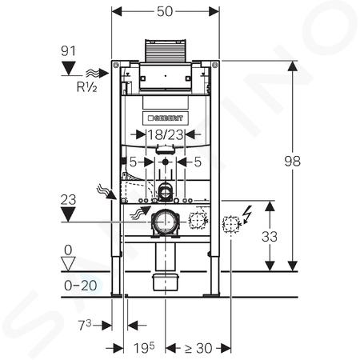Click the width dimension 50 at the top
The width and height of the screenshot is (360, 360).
(x=165, y=11)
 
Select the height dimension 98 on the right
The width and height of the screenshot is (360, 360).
(x=292, y=161)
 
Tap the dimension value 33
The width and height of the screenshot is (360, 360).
(x=270, y=237)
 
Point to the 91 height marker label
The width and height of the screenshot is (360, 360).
(x=68, y=51)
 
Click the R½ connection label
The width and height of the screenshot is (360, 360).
(x=86, y=87)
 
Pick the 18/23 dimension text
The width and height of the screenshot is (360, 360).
(x=166, y=134)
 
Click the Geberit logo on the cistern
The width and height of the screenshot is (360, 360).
(x=166, y=118)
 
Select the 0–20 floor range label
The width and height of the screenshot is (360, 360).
(x=81, y=286)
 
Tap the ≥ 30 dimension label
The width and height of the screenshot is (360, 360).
(x=198, y=348)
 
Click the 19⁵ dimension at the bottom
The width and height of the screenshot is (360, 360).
(x=144, y=347)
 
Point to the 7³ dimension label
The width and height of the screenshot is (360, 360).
(x=85, y=325)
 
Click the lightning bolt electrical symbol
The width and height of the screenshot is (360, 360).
(x=247, y=214)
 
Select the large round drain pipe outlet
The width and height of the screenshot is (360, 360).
(x=166, y=222)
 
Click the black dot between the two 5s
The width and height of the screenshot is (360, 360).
(x=166, y=162)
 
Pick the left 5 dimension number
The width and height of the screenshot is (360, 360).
(x=133, y=162)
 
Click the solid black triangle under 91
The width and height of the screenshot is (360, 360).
(x=69, y=69)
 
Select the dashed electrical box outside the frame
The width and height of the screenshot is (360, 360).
(x=230, y=224)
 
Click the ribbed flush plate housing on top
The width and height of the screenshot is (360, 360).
(x=166, y=51)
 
